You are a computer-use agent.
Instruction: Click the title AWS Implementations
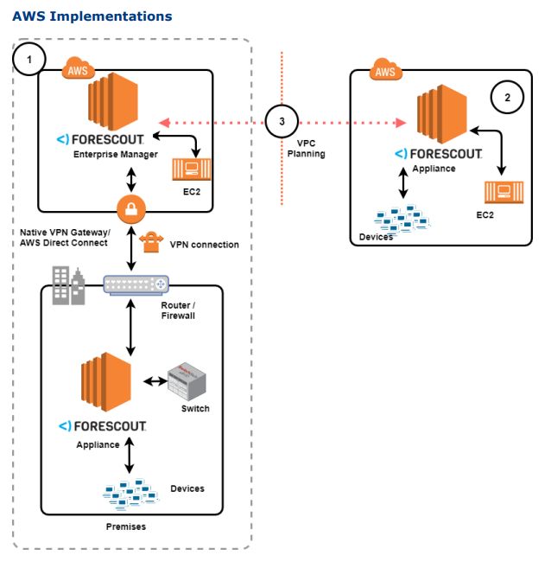[92, 16]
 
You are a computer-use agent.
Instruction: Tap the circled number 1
[31, 60]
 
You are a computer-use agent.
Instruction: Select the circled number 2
[507, 98]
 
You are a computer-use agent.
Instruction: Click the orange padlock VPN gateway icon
[131, 208]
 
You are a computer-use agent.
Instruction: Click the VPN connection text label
[205, 245]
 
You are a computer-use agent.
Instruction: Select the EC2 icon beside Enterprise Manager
[189, 167]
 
